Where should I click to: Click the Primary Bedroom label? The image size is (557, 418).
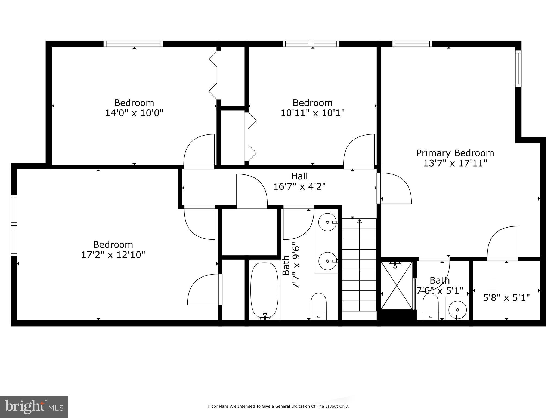[455, 153]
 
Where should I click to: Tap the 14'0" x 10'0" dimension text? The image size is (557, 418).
[134, 113]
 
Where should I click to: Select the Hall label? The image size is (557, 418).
[299, 176]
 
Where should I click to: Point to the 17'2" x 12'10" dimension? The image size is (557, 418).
[113, 255]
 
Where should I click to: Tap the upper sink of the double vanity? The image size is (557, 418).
[327, 222]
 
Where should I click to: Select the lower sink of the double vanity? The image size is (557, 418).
[327, 261]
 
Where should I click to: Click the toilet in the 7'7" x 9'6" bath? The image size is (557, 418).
[318, 306]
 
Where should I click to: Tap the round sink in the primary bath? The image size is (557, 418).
[457, 310]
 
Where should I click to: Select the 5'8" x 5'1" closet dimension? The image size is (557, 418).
[506, 298]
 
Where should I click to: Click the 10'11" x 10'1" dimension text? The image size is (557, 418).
[312, 113]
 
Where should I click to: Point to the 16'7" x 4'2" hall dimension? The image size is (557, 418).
[299, 187]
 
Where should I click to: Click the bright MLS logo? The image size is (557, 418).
[34, 407]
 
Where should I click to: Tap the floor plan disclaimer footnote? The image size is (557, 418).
[278, 407]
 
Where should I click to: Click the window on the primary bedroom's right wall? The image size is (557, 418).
[518, 69]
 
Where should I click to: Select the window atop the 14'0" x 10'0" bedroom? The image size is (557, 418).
[133, 44]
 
